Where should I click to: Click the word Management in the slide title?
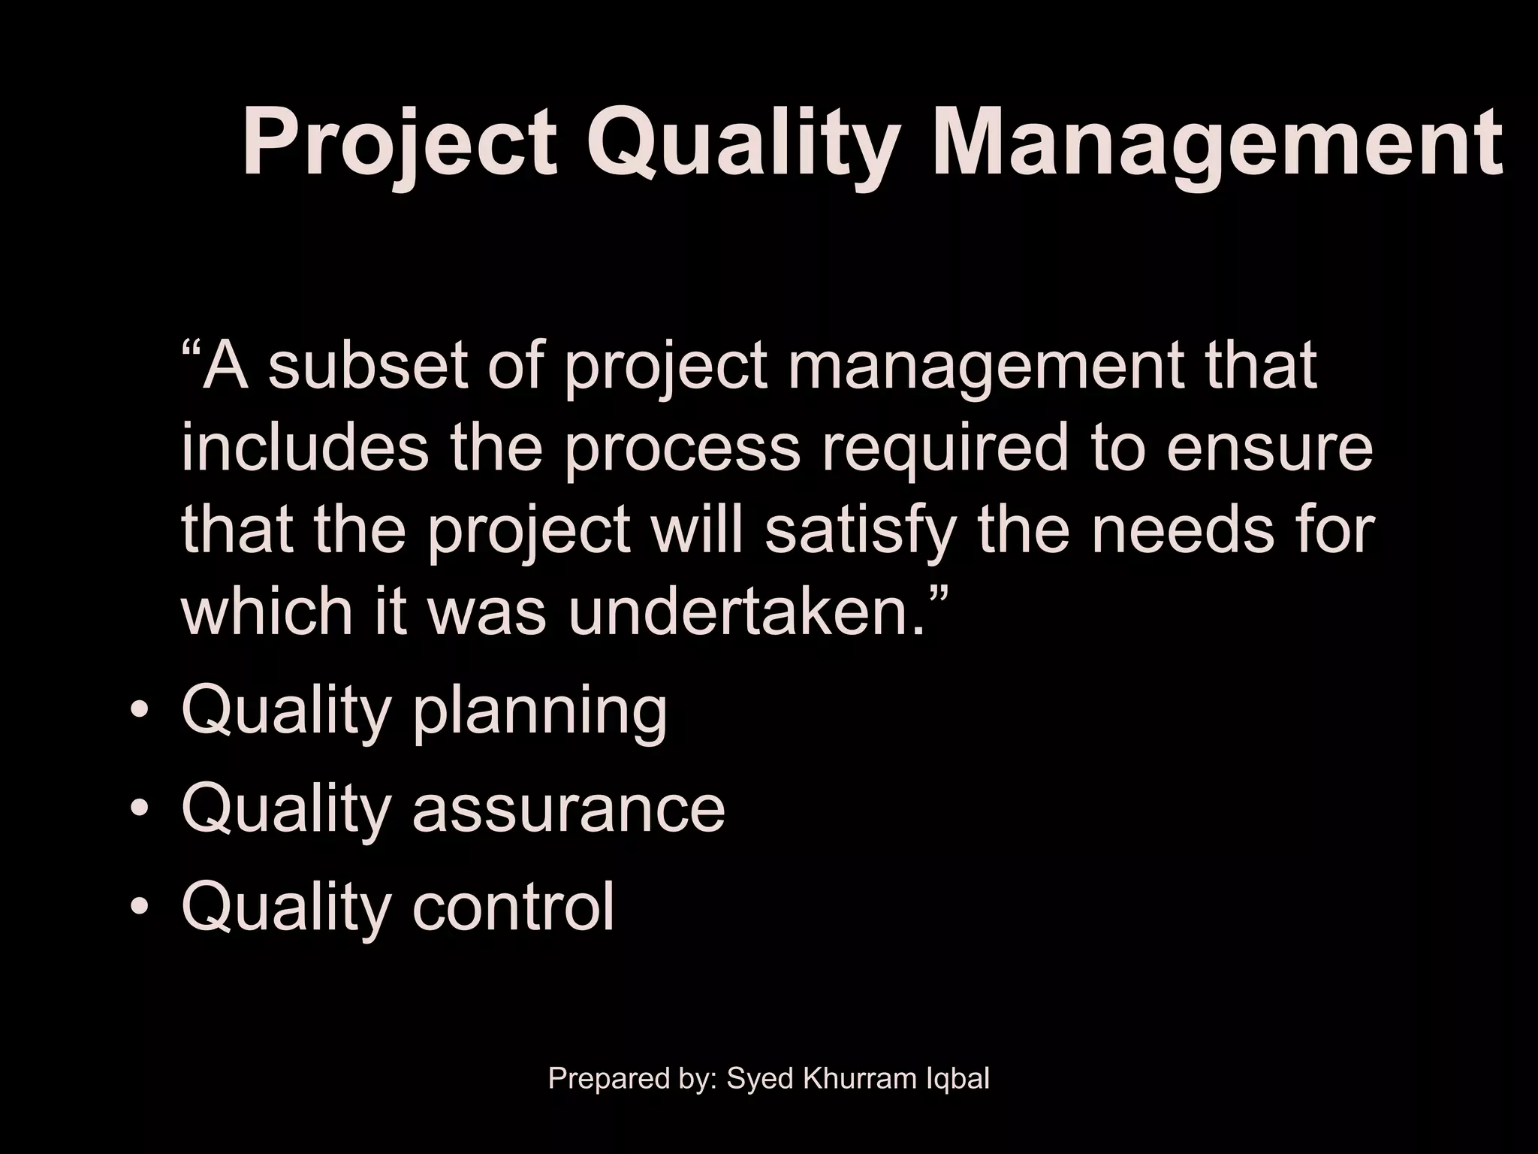click(x=1217, y=143)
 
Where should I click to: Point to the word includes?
click(x=305, y=448)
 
